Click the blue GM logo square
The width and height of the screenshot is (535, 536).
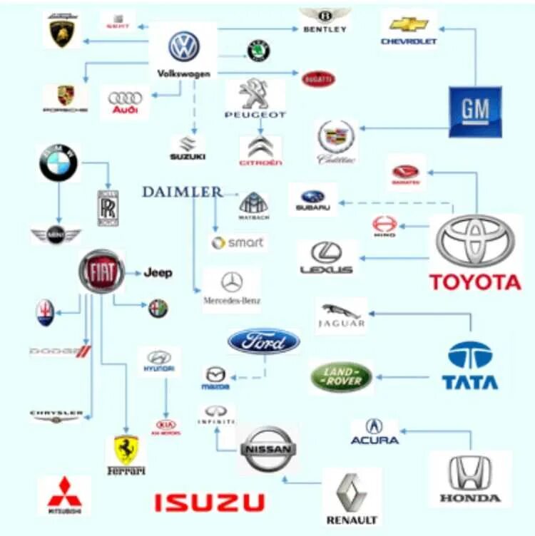[x=475, y=111]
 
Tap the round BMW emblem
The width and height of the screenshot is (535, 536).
[x=58, y=163]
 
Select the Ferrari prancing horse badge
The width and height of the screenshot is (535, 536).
[x=126, y=450]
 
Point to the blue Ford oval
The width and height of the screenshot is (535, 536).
[x=264, y=341]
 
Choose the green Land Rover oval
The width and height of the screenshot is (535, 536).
[x=340, y=376]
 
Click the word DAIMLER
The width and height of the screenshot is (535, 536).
[x=182, y=192]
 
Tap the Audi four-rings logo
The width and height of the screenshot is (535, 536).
[x=126, y=98]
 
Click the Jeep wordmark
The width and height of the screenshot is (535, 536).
[x=158, y=272]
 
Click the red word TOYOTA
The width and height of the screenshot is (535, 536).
[x=475, y=282]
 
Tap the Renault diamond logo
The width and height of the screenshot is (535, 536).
[x=352, y=493]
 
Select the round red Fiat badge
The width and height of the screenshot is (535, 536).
[x=102, y=272]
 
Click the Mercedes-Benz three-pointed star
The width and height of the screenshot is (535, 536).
[x=232, y=282]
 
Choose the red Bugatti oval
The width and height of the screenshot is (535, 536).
[x=319, y=78]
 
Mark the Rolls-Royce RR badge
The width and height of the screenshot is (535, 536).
[x=108, y=207]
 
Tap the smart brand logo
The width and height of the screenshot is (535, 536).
[x=238, y=242]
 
